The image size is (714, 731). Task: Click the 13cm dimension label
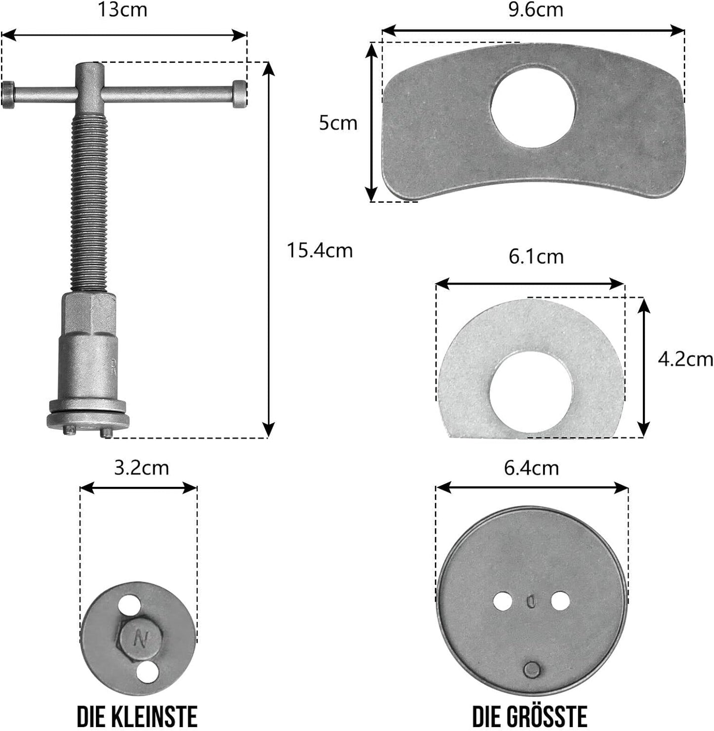[123, 10]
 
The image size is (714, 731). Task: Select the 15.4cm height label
[320, 251]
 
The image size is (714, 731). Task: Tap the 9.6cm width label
[536, 10]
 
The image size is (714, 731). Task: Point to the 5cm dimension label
[338, 123]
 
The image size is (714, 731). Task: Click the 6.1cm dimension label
[536, 257]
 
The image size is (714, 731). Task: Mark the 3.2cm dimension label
[141, 468]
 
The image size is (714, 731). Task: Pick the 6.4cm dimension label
[532, 468]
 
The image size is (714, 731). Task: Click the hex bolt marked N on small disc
[141, 641]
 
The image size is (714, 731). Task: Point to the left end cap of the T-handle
[9, 94]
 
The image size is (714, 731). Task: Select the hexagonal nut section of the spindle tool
[89, 315]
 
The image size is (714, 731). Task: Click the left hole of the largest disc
[503, 601]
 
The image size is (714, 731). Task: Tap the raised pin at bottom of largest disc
[532, 670]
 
